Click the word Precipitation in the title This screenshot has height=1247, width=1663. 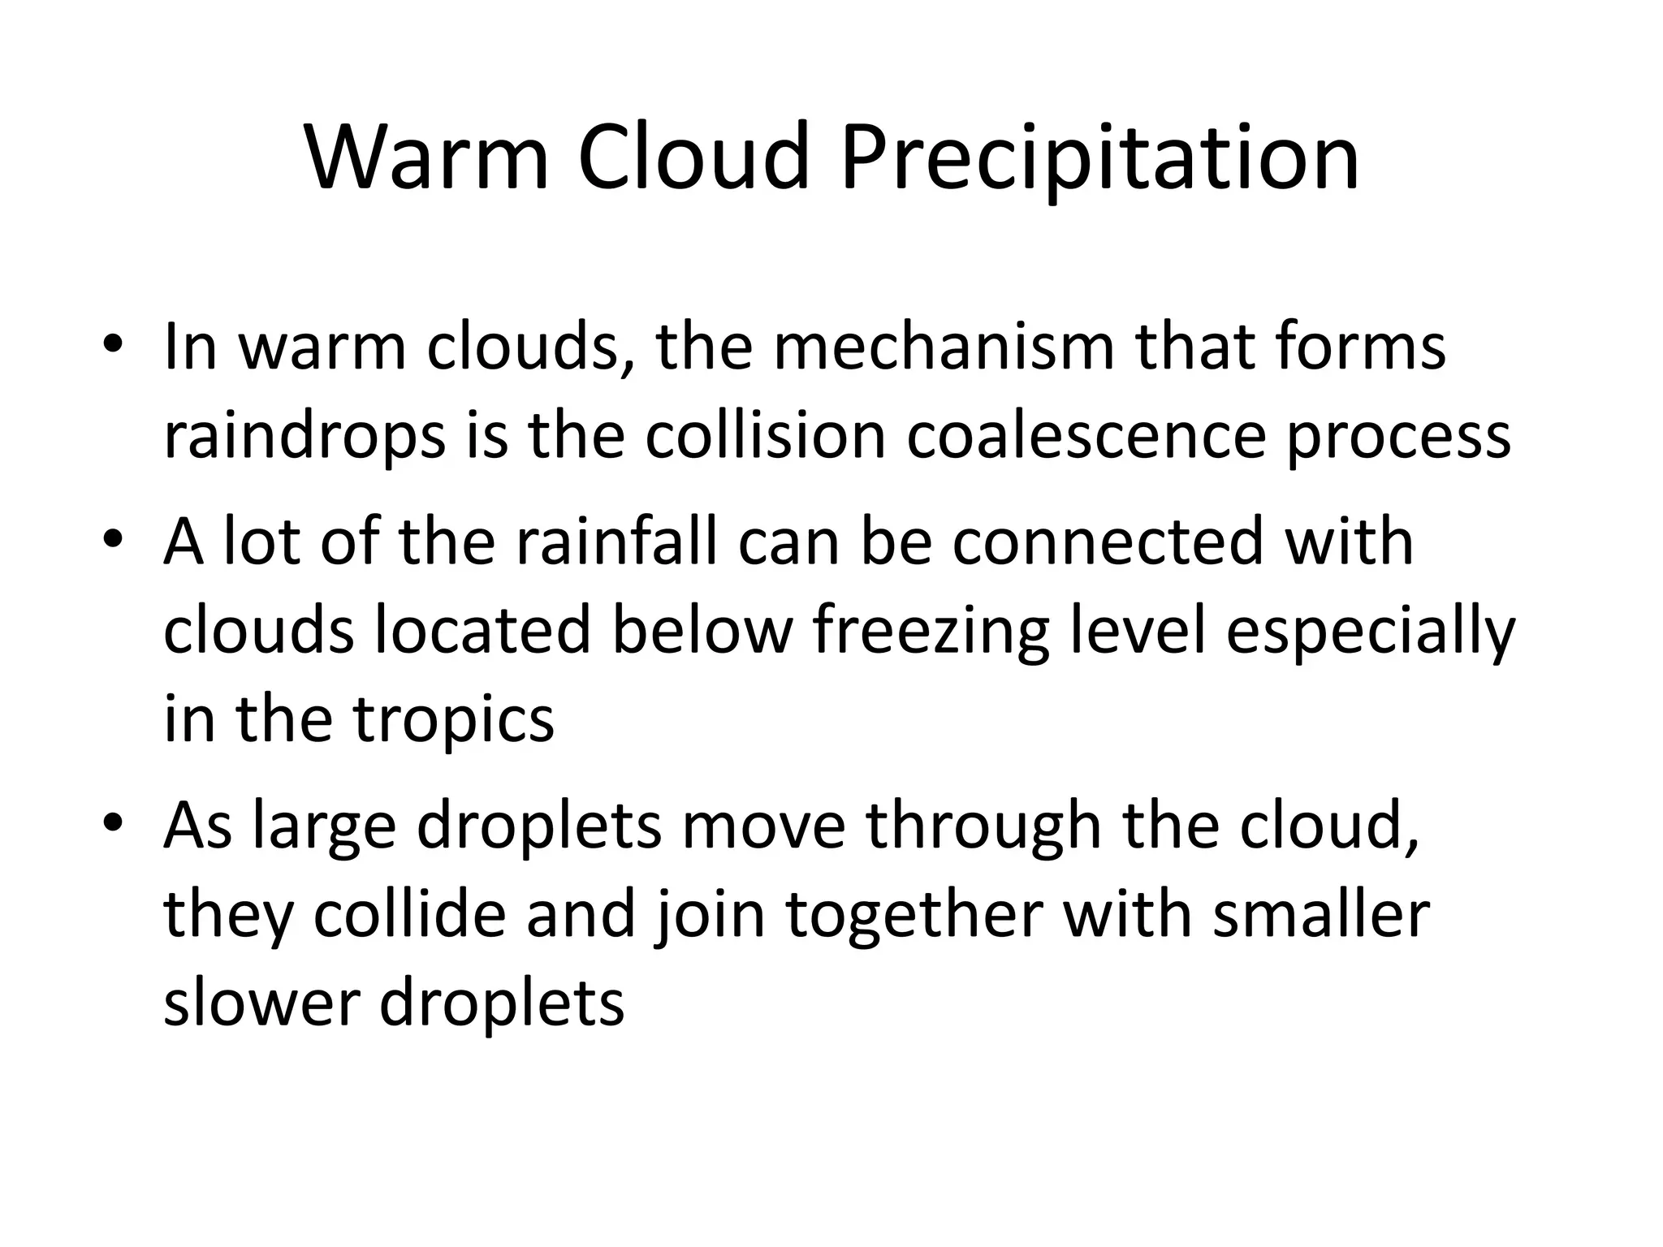pos(1099,158)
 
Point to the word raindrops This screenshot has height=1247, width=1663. pos(305,437)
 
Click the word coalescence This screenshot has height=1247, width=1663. pos(1086,435)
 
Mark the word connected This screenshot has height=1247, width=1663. pos(1108,542)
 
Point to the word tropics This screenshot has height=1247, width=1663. pos(454,721)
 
